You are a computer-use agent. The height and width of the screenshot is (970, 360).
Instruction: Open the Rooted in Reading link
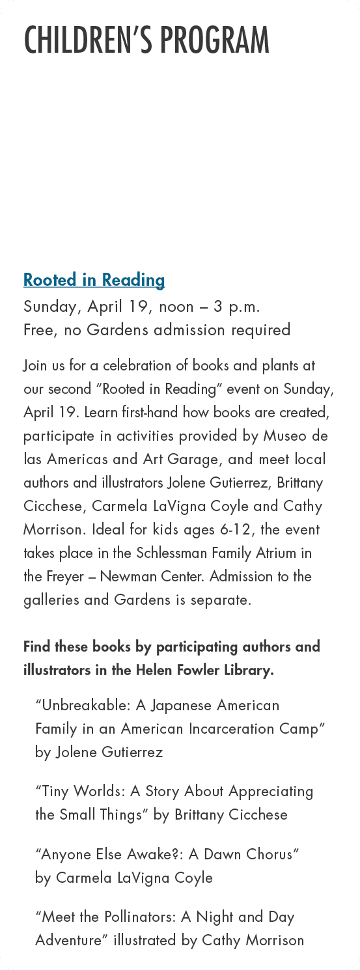coord(94,280)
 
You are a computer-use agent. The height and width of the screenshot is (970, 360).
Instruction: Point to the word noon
coord(172,306)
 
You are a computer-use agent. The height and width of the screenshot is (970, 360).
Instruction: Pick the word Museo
coord(285,436)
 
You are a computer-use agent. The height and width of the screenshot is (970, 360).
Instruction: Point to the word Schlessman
coord(171,553)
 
